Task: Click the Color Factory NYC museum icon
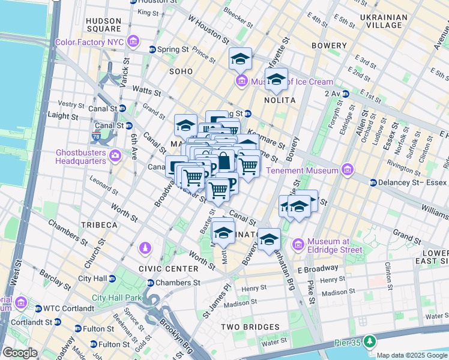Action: (x=133, y=42)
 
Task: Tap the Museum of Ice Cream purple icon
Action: (x=241, y=80)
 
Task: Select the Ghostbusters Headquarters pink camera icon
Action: (x=115, y=156)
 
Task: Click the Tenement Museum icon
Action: (x=347, y=170)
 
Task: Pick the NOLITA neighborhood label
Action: (x=279, y=100)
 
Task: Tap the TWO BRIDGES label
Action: (x=250, y=327)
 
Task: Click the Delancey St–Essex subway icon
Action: (x=373, y=182)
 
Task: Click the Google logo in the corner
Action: (x=20, y=353)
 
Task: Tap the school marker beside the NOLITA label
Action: (x=276, y=79)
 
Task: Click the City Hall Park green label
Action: (x=116, y=298)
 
